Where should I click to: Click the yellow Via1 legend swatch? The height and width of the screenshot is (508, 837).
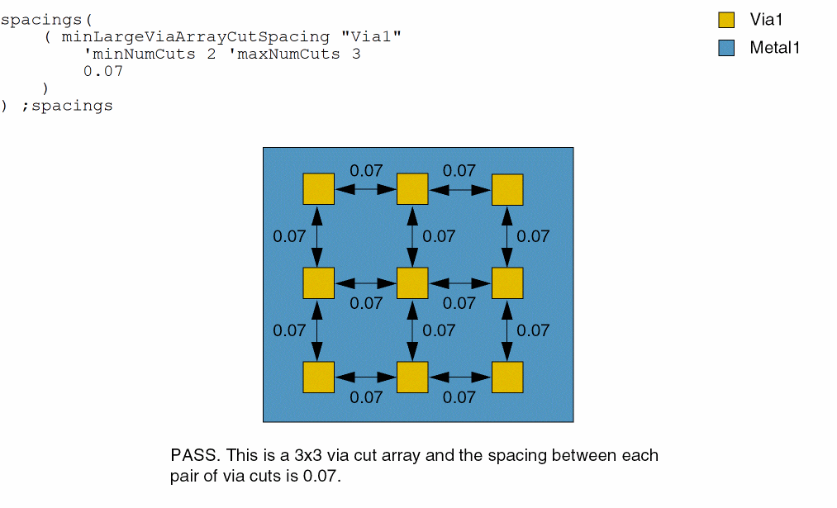tap(726, 21)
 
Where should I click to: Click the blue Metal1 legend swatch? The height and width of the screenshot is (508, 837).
tap(726, 48)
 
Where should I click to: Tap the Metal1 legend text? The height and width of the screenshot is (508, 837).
tap(774, 48)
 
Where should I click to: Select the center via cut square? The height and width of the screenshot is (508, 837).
tap(412, 283)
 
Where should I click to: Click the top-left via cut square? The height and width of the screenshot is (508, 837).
tap(318, 188)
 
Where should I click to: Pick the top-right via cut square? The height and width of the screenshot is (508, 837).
tap(507, 189)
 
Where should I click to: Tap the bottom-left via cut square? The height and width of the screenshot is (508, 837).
tap(318, 377)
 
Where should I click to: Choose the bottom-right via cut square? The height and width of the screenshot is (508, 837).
tap(507, 377)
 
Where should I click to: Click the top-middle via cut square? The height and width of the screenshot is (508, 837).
tap(412, 188)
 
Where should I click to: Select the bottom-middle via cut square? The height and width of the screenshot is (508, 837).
tap(412, 377)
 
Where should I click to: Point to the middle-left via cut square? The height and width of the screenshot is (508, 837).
tap(318, 283)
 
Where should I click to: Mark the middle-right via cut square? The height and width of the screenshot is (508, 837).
tap(507, 283)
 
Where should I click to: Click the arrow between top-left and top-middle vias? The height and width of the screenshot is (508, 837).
tap(365, 189)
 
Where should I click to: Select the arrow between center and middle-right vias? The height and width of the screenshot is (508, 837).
tap(459, 283)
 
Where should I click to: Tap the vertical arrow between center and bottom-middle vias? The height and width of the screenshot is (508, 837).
tap(412, 330)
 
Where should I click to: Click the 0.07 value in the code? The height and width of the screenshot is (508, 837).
tap(103, 71)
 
